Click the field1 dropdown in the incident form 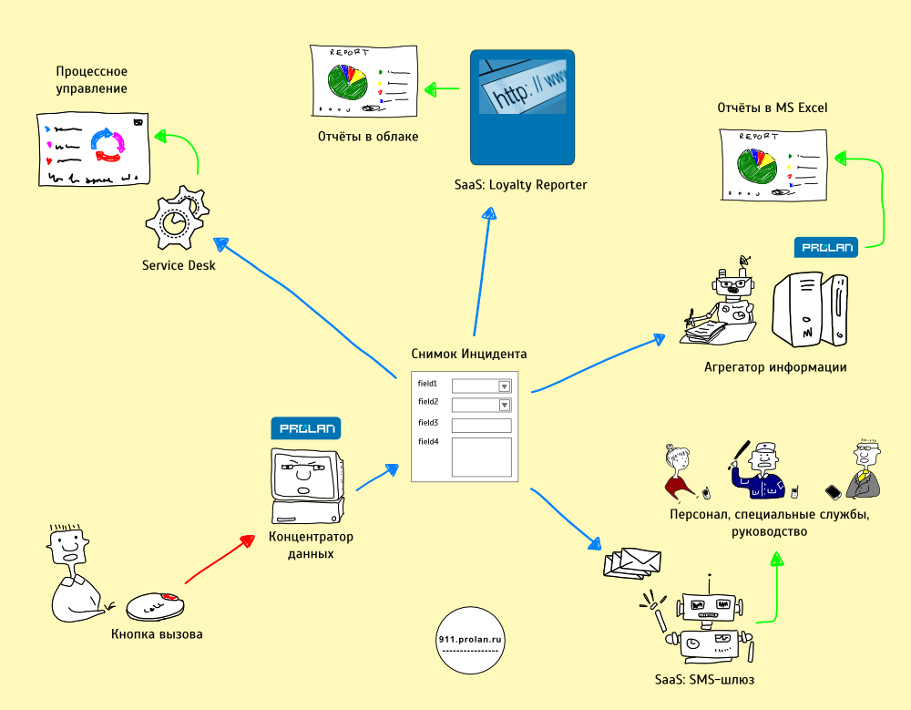click(481, 386)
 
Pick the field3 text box click(481, 425)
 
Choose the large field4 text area click(481, 457)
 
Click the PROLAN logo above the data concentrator click(305, 427)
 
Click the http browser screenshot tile click(522, 107)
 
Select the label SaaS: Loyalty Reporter click(521, 185)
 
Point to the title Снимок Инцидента click(469, 354)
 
